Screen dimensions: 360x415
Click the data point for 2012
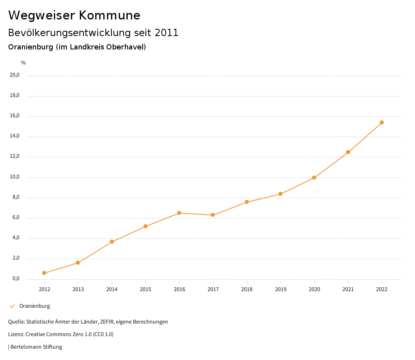click(44, 273)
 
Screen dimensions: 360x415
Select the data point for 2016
click(179, 213)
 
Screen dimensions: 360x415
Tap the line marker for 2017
click(213, 215)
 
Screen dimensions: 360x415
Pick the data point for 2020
click(314, 178)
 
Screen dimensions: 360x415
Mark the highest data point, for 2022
click(382, 122)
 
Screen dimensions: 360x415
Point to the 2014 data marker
click(112, 242)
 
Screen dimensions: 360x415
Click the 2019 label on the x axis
click(280, 289)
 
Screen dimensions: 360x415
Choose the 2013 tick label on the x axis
click(78, 289)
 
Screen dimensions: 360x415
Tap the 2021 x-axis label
click(348, 289)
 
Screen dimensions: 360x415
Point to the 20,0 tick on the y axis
click(15, 75)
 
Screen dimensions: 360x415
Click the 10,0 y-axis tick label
click(15, 177)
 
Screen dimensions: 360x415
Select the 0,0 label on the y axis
click(16, 279)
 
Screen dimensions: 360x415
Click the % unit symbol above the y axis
click(24, 63)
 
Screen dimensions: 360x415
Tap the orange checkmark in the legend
click(12, 306)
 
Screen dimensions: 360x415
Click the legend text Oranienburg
click(34, 306)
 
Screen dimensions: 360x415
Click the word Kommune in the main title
click(109, 15)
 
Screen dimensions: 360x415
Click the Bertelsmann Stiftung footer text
click(36, 347)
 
